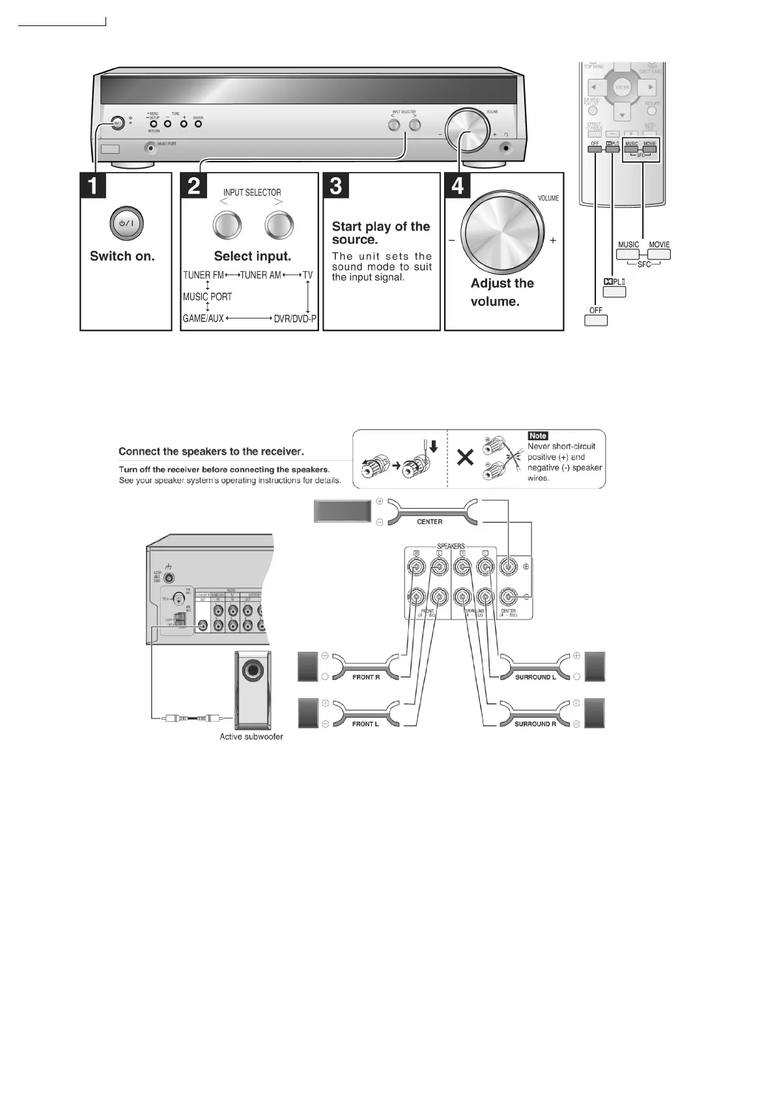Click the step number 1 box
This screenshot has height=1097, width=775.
(x=94, y=186)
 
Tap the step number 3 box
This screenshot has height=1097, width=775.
(x=336, y=186)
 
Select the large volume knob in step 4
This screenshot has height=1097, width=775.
(x=502, y=233)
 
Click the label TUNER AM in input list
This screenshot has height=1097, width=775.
(x=261, y=276)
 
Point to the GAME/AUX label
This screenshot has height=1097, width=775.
(x=203, y=319)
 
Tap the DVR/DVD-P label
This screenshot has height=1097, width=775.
(x=295, y=319)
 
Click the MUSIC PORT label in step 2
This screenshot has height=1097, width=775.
(x=207, y=297)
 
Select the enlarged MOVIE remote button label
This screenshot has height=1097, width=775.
(x=659, y=246)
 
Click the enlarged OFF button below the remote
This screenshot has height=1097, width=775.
(x=596, y=320)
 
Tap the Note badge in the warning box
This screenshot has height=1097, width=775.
(x=538, y=436)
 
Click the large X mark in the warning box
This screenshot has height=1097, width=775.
(x=465, y=457)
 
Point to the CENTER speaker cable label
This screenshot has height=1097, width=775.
(x=429, y=522)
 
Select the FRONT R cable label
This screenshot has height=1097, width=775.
(x=366, y=677)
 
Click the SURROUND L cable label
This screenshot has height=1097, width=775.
(x=535, y=677)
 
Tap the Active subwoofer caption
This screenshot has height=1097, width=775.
(x=251, y=737)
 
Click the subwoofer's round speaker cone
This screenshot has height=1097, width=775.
(x=253, y=672)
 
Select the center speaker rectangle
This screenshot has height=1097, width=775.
(x=343, y=511)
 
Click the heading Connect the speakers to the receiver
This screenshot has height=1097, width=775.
(x=211, y=451)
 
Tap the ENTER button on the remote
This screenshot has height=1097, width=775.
(x=623, y=87)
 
